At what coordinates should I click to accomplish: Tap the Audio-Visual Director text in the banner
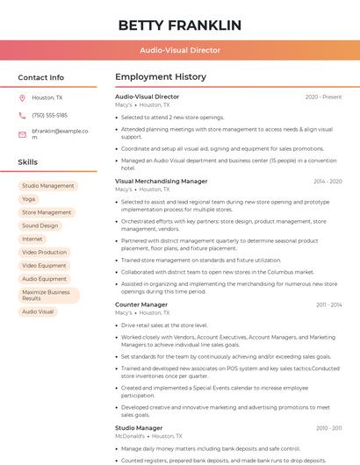[180, 50]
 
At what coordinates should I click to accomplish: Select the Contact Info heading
[41, 77]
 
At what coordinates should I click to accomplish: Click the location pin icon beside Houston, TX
[22, 97]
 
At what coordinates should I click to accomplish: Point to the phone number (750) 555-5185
[49, 115]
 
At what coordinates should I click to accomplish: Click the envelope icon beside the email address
[22, 133]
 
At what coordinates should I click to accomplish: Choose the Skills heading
[28, 162]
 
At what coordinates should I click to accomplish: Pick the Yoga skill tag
[29, 199]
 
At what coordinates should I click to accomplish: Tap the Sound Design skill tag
[40, 225]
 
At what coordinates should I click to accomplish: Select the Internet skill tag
[32, 239]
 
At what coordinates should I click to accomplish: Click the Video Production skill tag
[44, 252]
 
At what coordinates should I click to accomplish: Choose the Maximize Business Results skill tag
[47, 295]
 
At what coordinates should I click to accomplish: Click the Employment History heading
[161, 77]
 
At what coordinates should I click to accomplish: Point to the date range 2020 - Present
[323, 97]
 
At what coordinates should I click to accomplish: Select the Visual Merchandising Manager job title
[162, 181]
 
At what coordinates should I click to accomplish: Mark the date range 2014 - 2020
[328, 181]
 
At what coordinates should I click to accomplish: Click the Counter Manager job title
[141, 304]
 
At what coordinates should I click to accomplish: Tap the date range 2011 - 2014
[328, 304]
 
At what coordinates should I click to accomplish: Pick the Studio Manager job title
[139, 427]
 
